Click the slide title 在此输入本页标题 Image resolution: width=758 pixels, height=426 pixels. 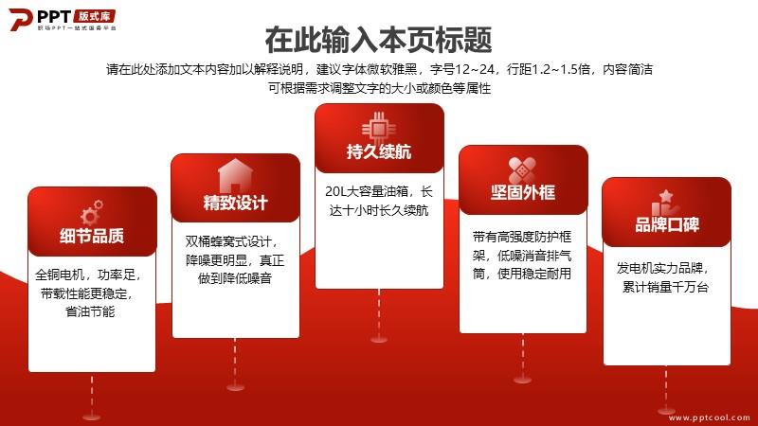pyautogui.click(x=378, y=40)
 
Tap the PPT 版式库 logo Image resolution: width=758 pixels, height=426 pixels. pyautogui.click(x=63, y=20)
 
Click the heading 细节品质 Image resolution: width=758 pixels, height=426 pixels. pyautogui.click(x=92, y=236)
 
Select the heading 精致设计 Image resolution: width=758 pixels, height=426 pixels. pyautogui.click(x=235, y=203)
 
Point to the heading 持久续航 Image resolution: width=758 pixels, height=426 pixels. pyautogui.click(x=379, y=151)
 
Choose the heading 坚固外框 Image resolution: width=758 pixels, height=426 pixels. pyautogui.click(x=523, y=192)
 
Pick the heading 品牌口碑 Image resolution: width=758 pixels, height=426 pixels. pyautogui.click(x=667, y=224)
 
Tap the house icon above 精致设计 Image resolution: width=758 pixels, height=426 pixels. pyautogui.click(x=235, y=175)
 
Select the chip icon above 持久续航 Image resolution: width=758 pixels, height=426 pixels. pyautogui.click(x=379, y=128)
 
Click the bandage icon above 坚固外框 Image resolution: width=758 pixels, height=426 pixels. pyautogui.click(x=523, y=170)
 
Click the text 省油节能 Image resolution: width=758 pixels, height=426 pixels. pyautogui.click(x=90, y=311)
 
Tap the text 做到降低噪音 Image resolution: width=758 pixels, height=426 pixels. pyautogui.click(x=235, y=278)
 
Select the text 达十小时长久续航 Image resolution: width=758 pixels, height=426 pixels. pyautogui.click(x=379, y=210)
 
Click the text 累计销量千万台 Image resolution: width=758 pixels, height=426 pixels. pyautogui.click(x=666, y=287)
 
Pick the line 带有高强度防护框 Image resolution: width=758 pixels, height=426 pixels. pyautogui.click(x=522, y=237)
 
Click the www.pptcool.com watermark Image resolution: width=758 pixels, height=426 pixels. pyautogui.click(x=709, y=417)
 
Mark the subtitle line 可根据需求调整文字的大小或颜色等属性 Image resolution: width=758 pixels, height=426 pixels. pyautogui.click(x=380, y=88)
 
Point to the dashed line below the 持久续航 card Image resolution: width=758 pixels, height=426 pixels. pyautogui.click(x=379, y=313)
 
